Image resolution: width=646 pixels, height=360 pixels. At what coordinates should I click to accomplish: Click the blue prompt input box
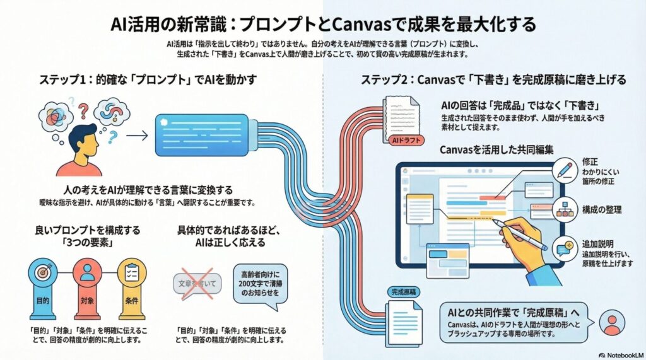[x=200, y=134]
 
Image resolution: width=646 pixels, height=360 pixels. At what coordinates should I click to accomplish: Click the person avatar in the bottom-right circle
[x=610, y=322]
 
